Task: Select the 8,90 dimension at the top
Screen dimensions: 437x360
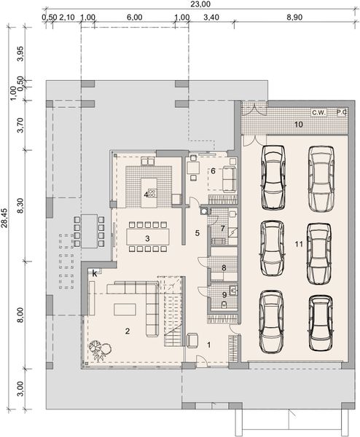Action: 295,15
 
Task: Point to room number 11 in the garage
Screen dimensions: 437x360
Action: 299,244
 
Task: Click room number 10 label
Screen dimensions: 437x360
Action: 298,125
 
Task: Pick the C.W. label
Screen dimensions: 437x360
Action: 318,113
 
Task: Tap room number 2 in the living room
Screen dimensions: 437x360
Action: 127,331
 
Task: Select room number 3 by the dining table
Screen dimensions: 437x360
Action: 147,238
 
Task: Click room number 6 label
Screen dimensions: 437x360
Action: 214,171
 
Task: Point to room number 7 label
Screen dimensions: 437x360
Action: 223,229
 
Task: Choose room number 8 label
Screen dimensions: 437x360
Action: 224,268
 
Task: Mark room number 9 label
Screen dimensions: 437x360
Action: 224,294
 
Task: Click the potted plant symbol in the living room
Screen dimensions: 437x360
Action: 97,351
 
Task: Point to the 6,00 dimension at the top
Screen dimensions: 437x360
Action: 133,15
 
